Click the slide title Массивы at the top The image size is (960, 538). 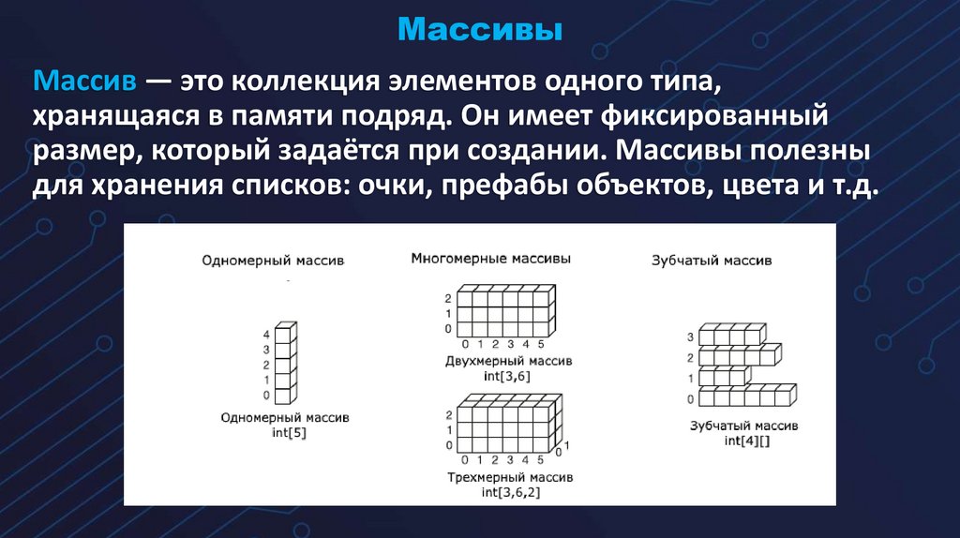479,30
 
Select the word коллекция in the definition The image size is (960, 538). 298,82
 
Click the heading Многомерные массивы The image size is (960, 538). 490,258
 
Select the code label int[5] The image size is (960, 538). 285,433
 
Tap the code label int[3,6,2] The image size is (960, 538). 511,491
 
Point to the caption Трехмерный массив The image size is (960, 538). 511,477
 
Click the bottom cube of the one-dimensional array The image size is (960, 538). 286,395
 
